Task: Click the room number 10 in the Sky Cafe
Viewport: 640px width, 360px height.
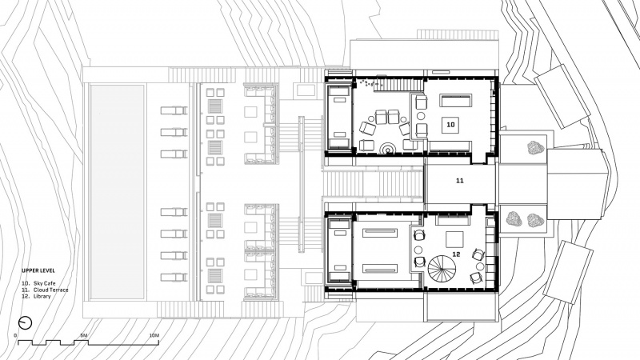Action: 450,125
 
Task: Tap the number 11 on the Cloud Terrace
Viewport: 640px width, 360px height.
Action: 459,181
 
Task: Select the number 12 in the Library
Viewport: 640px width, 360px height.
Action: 456,254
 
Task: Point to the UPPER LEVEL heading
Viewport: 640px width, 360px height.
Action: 38,270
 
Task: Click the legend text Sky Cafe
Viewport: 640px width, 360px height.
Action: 45,283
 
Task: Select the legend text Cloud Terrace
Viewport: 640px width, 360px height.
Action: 51,290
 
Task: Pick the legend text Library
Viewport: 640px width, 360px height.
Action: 42,296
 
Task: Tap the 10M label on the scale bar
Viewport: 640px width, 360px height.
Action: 154,335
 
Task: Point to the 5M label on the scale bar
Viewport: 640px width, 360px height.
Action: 84,335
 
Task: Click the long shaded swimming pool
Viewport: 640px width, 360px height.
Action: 117,192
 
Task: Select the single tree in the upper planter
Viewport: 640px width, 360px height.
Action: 535,148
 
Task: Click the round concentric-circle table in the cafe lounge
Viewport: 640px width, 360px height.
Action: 386,148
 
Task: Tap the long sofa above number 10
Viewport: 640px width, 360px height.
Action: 455,101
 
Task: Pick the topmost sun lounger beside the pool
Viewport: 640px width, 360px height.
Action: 174,110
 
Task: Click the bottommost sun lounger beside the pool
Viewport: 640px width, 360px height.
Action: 174,278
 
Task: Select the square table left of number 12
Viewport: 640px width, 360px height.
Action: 454,239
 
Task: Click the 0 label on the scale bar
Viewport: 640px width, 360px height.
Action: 15,335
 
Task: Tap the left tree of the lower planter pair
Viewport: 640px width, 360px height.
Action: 514,219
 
